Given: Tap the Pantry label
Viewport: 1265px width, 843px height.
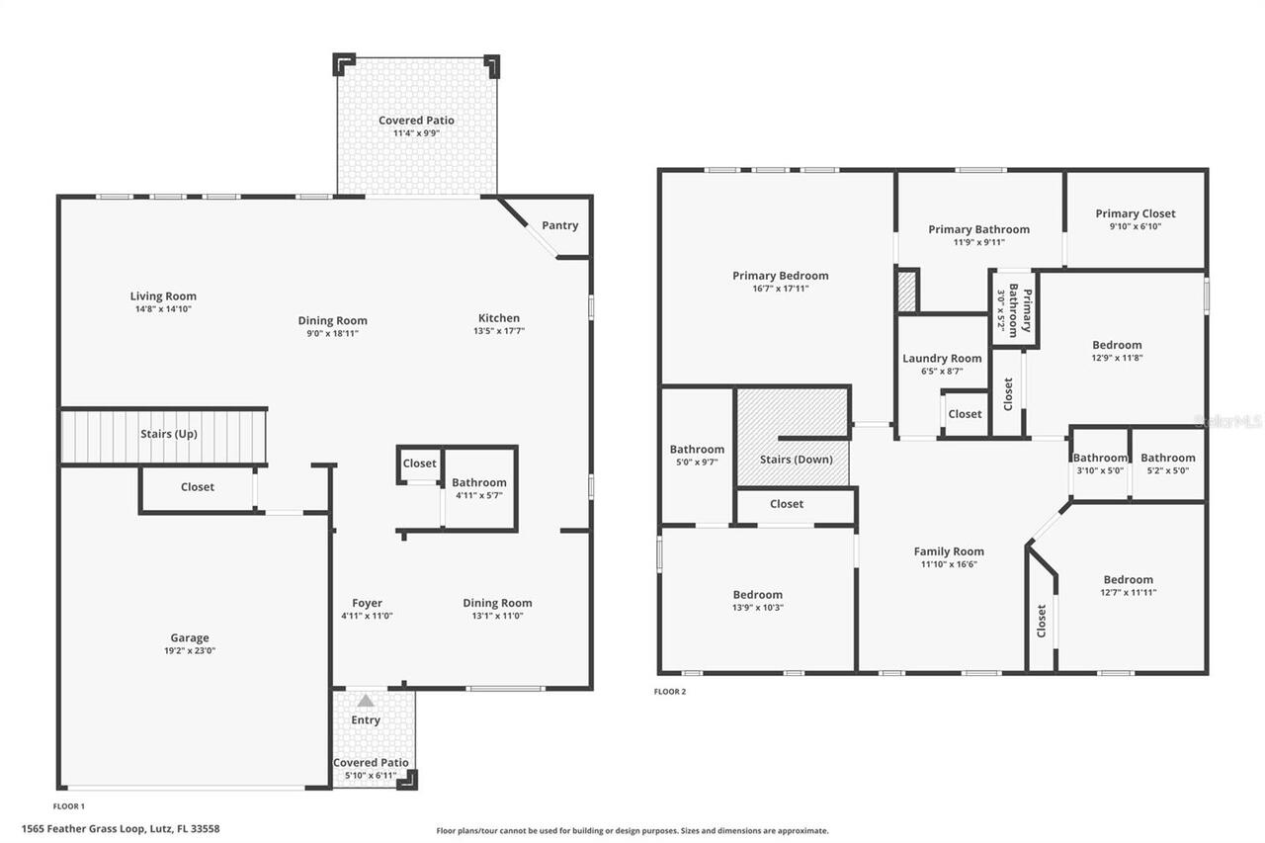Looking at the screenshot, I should tap(559, 225).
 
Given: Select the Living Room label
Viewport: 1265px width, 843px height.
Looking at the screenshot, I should tap(163, 295).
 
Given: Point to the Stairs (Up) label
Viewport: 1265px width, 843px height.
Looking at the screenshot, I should tap(169, 434).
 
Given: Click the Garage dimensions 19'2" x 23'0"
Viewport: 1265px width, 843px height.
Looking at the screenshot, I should tap(189, 651).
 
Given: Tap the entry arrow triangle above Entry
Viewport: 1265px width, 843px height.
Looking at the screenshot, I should tap(366, 701).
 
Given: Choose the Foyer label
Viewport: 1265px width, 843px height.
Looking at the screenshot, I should tap(367, 603).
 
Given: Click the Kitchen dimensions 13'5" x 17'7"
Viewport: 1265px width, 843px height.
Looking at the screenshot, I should tap(499, 331).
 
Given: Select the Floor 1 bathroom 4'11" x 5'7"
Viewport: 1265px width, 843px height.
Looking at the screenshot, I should tap(479, 488).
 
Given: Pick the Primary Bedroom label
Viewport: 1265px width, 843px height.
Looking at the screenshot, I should tap(780, 276).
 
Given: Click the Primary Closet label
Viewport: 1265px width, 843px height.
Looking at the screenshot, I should tap(1135, 213).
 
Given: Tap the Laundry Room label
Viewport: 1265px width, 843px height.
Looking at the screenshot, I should tap(942, 359).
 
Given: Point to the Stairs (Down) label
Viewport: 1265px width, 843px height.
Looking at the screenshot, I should tap(796, 460).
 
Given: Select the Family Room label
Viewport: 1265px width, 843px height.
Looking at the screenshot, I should tap(948, 551).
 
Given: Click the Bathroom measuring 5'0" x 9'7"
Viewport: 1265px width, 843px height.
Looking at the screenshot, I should tap(697, 455).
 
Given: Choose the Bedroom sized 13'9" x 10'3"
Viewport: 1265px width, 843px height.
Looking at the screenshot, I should tap(757, 601).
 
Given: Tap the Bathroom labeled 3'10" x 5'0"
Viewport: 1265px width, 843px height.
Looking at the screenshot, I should tap(1100, 464).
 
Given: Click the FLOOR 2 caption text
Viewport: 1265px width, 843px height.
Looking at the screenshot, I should tap(669, 692).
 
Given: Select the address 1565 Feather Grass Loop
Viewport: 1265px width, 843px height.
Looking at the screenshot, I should tap(120, 828).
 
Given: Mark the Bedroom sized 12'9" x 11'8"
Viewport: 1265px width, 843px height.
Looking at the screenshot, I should tap(1117, 351).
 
